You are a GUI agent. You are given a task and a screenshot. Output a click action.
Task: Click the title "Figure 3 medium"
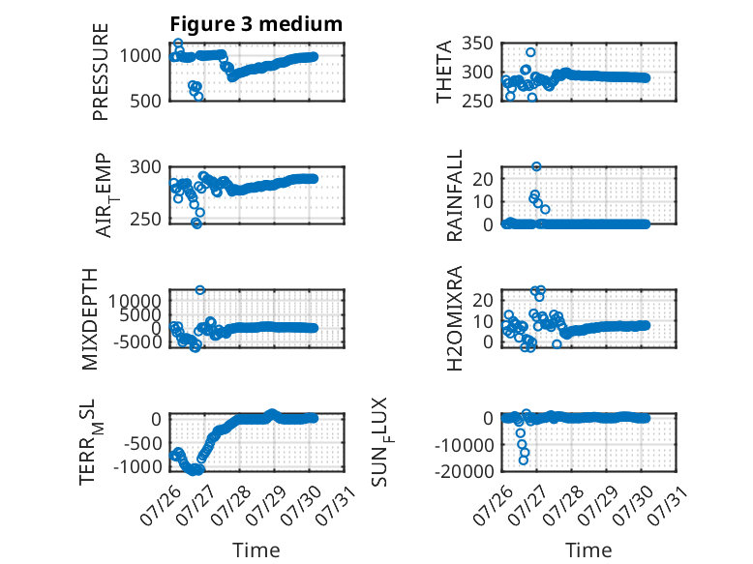(x=256, y=24)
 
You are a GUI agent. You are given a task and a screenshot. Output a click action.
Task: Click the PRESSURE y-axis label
(x=101, y=72)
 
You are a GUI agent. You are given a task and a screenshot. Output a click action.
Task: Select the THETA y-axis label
(x=444, y=72)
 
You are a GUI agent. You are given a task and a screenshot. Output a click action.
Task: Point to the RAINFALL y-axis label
(x=454, y=195)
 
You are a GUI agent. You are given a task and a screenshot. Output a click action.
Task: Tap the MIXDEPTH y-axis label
(x=90, y=319)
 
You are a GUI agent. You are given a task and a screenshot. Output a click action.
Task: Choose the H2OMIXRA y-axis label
(x=454, y=318)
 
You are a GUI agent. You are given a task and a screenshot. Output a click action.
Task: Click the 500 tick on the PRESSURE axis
(x=146, y=102)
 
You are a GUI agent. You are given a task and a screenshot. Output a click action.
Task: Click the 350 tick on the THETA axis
(x=477, y=44)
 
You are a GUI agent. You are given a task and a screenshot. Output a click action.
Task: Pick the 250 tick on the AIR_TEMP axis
(x=146, y=219)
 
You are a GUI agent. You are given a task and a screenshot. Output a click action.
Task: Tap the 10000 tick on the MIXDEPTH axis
(x=135, y=302)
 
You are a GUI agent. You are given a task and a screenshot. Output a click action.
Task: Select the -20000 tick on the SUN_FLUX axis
(x=464, y=471)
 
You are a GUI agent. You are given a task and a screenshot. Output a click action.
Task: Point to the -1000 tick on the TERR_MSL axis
(x=137, y=466)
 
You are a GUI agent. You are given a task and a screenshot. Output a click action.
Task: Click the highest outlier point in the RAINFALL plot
(x=536, y=166)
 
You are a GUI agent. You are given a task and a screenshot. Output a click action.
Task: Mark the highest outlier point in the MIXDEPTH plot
(x=200, y=290)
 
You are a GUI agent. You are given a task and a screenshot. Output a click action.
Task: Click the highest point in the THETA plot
(x=530, y=52)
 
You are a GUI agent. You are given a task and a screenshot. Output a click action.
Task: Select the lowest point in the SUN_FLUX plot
(x=524, y=460)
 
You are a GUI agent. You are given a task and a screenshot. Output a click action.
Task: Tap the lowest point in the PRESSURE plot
(x=198, y=97)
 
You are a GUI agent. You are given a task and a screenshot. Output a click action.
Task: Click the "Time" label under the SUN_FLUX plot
(x=588, y=550)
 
